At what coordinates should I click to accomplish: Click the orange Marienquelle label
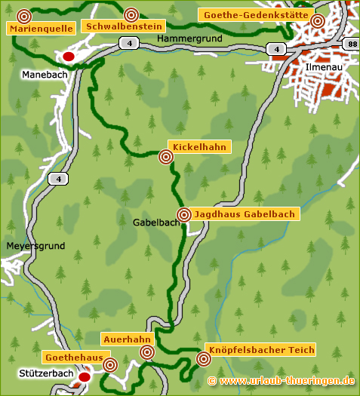[42, 29]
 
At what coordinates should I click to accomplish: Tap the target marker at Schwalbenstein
[131, 14]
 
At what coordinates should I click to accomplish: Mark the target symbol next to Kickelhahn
[166, 157]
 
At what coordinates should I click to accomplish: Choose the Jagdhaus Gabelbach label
[245, 214]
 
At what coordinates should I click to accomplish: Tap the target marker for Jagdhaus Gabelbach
[183, 214]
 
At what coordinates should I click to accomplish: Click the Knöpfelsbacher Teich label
[269, 350]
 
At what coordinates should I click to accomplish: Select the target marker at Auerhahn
[148, 352]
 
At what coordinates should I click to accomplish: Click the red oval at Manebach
[69, 56]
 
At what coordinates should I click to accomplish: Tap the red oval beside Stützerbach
[85, 376]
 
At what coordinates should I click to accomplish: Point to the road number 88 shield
[351, 45]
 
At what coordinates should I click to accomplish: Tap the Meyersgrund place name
[35, 246]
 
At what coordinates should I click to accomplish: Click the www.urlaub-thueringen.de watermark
[281, 381]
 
